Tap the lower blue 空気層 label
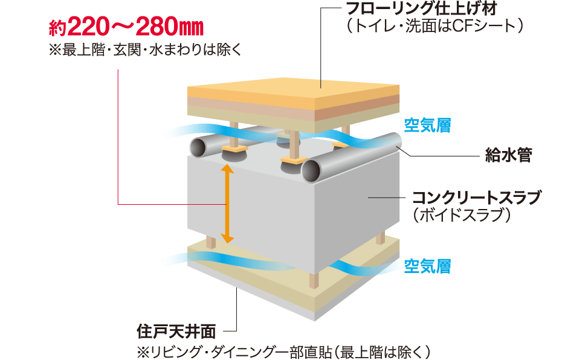coord(427,266)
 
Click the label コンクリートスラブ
coord(477,198)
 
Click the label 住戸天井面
coord(176,332)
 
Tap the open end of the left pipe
coord(198,146)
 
